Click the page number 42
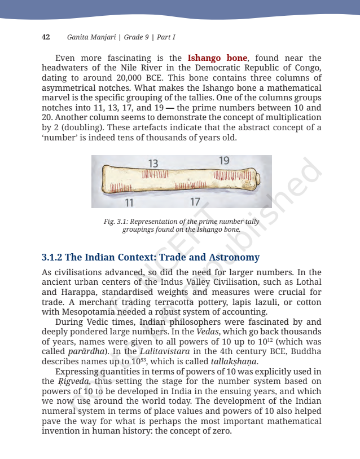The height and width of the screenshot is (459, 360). tap(46, 37)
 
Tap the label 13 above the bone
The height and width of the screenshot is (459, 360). tap(153, 163)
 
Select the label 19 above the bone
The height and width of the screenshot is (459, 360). tap(224, 161)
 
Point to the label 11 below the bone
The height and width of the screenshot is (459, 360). tap(129, 202)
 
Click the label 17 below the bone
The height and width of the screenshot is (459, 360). tap(195, 201)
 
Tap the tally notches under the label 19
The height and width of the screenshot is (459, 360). tap(231, 175)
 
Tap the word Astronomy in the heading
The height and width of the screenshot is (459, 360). tap(233, 257)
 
